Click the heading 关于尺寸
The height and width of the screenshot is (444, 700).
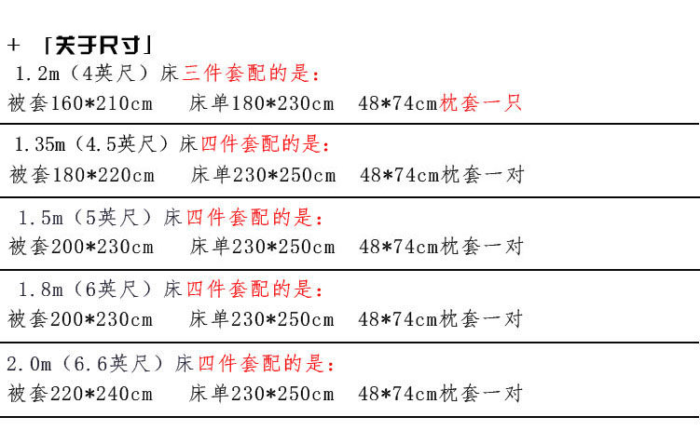click(x=98, y=45)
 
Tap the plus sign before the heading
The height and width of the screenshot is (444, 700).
click(x=13, y=45)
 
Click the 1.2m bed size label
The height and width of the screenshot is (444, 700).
click(x=37, y=74)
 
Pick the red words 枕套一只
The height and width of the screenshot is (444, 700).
click(x=480, y=103)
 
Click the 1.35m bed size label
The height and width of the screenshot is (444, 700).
click(x=40, y=144)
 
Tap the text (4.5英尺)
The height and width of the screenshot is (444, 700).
click(x=121, y=144)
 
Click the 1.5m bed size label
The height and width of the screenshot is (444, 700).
click(x=41, y=218)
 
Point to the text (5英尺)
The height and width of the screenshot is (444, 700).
click(x=113, y=218)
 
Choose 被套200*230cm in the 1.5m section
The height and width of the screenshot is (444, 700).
click(x=81, y=247)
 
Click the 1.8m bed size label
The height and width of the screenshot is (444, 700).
click(x=41, y=289)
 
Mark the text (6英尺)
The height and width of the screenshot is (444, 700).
click(x=113, y=289)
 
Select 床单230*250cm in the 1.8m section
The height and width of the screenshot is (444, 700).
click(x=262, y=319)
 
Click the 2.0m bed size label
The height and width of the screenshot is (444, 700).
click(x=30, y=364)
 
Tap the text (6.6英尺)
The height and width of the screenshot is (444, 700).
click(x=113, y=364)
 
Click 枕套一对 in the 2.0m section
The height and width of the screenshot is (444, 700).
click(x=481, y=394)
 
